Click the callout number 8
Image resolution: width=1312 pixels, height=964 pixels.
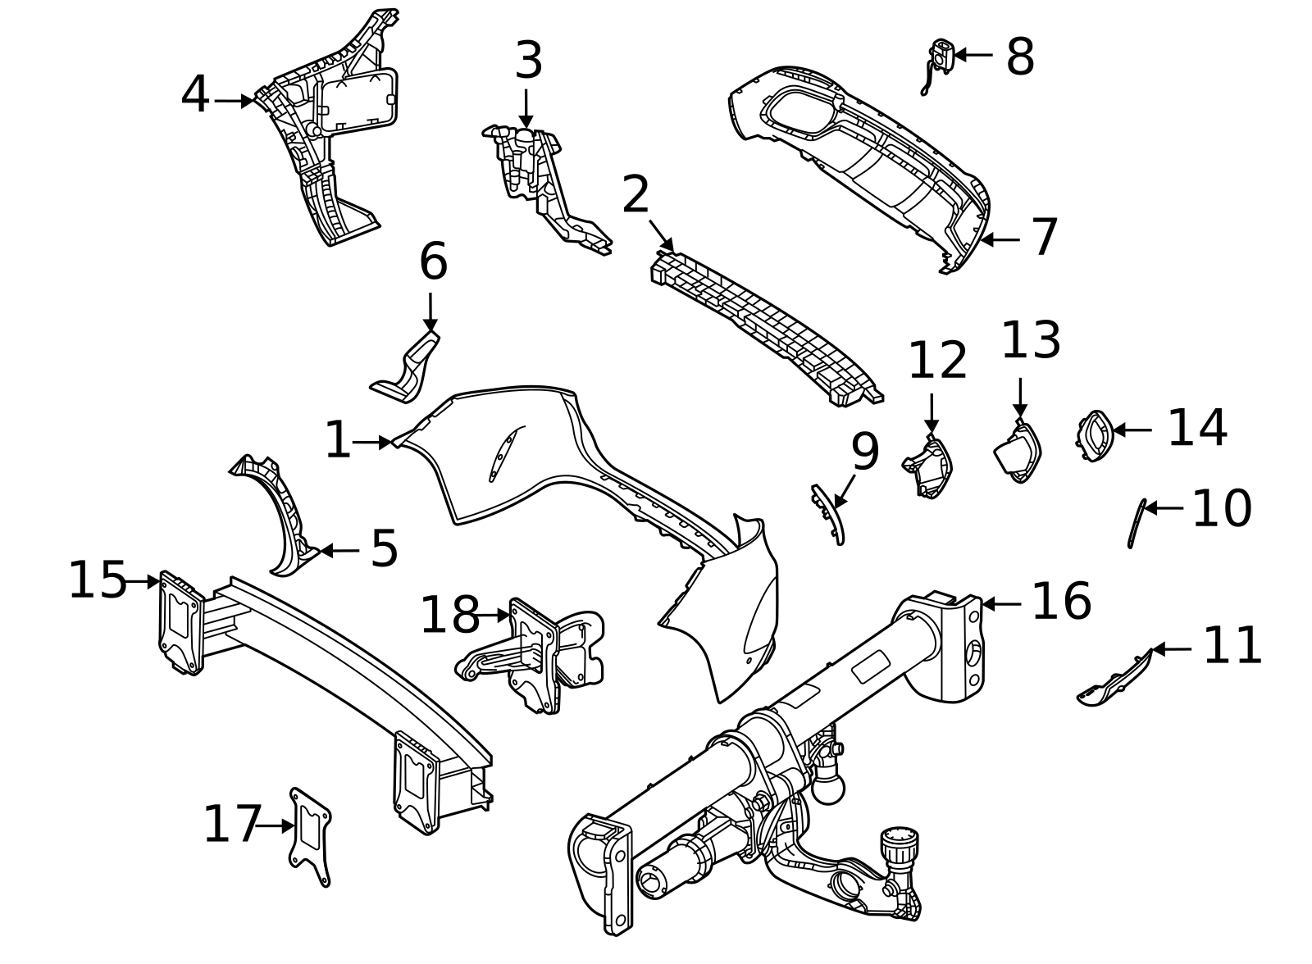[x=1019, y=57]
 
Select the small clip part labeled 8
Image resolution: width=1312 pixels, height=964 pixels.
[x=940, y=57]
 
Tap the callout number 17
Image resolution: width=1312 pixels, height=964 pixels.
[x=231, y=825]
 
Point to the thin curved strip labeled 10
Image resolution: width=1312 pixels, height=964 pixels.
[x=1137, y=522]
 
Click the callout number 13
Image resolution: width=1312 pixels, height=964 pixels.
[x=1031, y=341]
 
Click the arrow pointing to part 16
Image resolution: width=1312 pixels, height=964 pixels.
[x=1000, y=604]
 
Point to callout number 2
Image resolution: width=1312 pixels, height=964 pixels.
[x=635, y=195]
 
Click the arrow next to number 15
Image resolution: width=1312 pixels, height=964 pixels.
[x=143, y=581]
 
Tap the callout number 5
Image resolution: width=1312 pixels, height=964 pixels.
[x=384, y=549]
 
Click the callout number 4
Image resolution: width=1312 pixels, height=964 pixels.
[x=195, y=96]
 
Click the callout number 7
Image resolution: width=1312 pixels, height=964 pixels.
[x=1044, y=238]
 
